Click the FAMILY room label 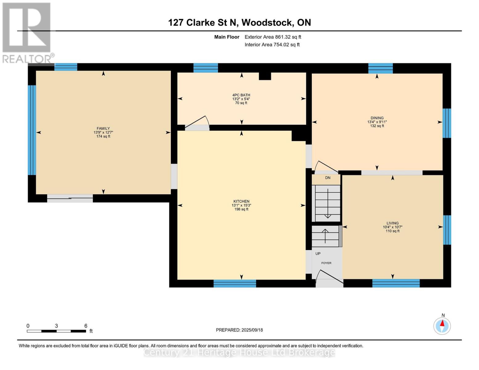click(103, 129)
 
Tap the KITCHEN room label click(241, 201)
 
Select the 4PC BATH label click(241, 95)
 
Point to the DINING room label click(377, 118)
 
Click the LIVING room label click(392, 223)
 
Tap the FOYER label click(326, 263)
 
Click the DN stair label click(328, 178)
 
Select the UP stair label click(318, 254)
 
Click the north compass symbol click(442, 326)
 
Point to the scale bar click(56, 331)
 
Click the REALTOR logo click(27, 32)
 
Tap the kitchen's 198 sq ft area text click(241, 209)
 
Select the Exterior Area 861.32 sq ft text click(273, 37)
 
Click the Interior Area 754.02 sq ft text click(272, 45)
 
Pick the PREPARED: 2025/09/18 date click(239, 330)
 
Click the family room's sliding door click(70, 198)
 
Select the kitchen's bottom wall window click(235, 283)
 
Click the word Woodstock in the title click(267, 23)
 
